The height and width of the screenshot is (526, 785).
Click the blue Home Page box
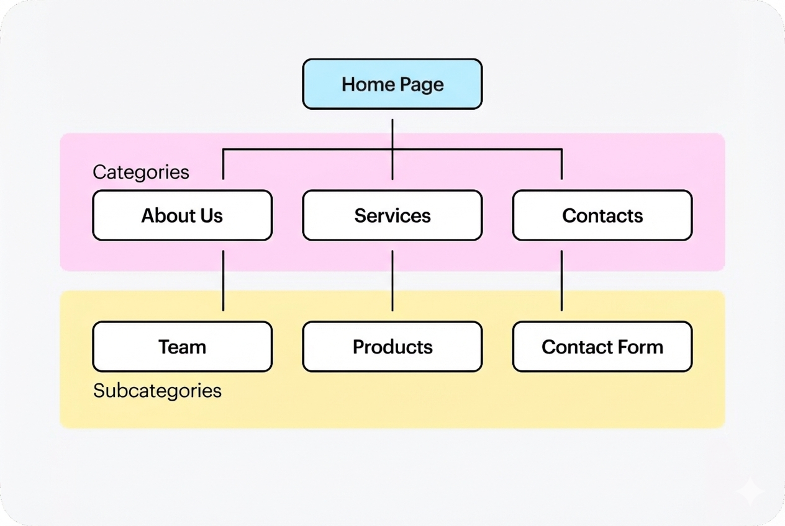[392, 84]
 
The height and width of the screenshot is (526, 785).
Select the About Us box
[182, 215]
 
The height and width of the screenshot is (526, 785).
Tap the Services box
[392, 215]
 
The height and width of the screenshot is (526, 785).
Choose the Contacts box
[602, 215]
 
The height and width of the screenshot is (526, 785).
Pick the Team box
[182, 346]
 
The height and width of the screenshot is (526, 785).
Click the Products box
[392, 346]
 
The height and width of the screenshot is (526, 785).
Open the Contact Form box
[602, 346]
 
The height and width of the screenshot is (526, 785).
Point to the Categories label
[141, 172]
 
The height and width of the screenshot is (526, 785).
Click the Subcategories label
[157, 391]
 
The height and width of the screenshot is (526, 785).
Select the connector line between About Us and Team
[223, 280]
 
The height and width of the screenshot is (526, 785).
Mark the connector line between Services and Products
[392, 280]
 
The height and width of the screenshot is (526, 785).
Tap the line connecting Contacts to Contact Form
[561, 280]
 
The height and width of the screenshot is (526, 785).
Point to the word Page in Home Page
[421, 84]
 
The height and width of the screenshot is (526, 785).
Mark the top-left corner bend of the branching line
[224, 149]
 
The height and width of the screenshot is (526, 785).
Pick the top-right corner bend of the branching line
[561, 149]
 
